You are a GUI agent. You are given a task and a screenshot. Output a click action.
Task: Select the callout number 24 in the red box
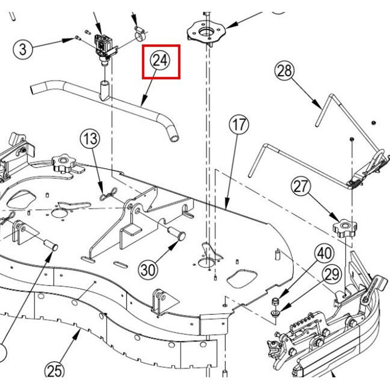click(x=160, y=61)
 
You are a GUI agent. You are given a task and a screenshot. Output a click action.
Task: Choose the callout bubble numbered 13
click(x=90, y=139)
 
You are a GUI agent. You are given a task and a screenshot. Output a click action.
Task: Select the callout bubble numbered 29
click(x=332, y=275)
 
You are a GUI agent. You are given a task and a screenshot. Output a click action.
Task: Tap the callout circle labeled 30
click(x=147, y=269)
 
